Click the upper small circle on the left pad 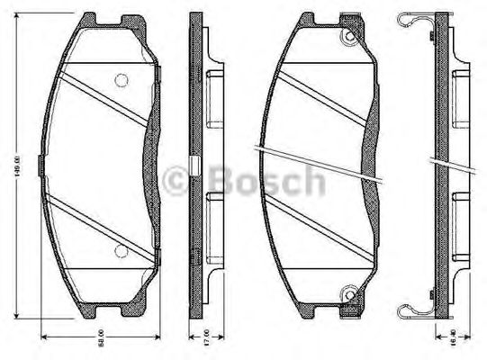[x=122, y=80]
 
